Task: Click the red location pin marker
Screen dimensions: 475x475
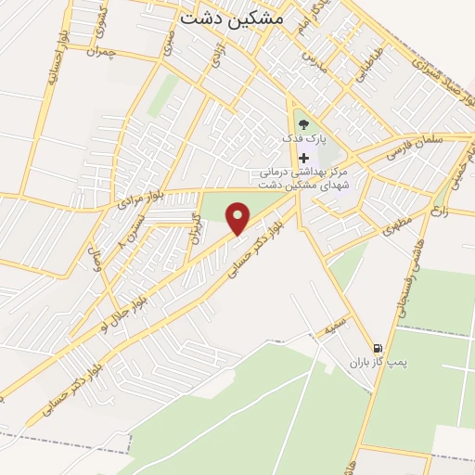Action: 238,218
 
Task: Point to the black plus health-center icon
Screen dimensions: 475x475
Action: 303,158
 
